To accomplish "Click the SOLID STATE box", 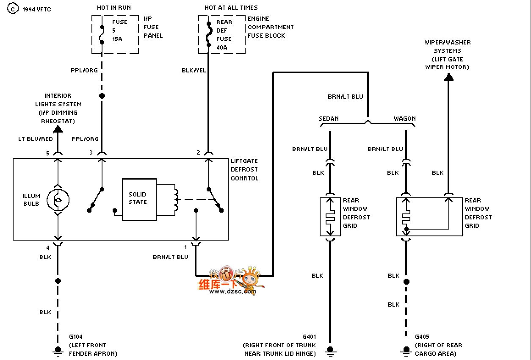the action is (x=139, y=199).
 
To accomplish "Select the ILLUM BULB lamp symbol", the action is (x=58, y=200).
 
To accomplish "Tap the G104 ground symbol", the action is (x=58, y=351).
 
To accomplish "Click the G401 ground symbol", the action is (x=330, y=351).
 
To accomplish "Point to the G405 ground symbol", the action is (x=407, y=351).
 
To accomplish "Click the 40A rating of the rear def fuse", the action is (x=222, y=47).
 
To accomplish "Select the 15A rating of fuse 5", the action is (x=117, y=39).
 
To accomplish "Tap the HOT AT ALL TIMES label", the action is (x=231, y=8).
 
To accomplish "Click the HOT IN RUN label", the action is (x=114, y=8).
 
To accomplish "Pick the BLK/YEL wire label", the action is (x=194, y=70).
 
